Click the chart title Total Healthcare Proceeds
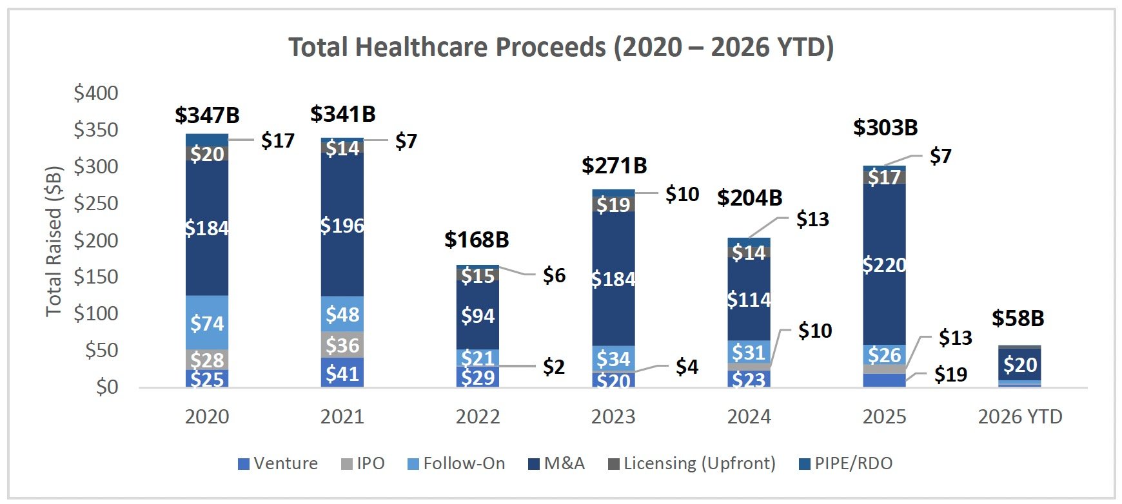[560, 47]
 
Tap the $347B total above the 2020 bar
[207, 115]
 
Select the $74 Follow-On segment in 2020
[207, 322]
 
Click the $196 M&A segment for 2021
[342, 225]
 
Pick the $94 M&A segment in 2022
[478, 316]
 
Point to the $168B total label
[477, 240]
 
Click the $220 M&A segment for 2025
[884, 264]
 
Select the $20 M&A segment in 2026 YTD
[1020, 365]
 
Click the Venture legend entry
[278, 463]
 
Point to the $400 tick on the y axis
[96, 93]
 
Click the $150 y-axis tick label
[96, 276]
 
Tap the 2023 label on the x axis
[613, 417]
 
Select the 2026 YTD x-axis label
[1019, 417]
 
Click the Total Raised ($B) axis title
[54, 241]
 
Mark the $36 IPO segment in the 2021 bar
[342, 345]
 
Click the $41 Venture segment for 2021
[342, 373]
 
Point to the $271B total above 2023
[614, 166]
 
